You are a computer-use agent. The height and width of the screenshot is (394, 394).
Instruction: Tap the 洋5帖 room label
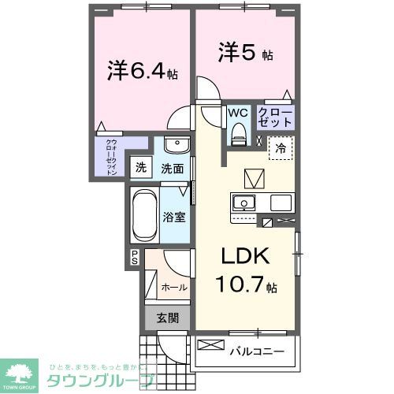(x=246, y=54)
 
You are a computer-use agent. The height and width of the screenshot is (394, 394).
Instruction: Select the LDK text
(x=244, y=257)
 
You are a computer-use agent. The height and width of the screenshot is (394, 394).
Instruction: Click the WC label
(x=238, y=113)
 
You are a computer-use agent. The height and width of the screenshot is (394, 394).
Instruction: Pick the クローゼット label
(x=276, y=117)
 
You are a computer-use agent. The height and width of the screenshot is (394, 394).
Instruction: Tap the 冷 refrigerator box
(x=281, y=147)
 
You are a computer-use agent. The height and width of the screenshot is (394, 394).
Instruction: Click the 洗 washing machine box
(x=141, y=167)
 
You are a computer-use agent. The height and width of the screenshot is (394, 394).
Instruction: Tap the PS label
(x=135, y=256)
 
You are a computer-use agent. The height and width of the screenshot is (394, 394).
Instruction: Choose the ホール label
(x=173, y=288)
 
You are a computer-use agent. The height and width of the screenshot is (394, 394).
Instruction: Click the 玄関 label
(x=166, y=318)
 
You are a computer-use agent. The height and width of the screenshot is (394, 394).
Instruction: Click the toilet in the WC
(x=238, y=136)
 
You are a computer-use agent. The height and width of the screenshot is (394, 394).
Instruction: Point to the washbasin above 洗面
(x=176, y=147)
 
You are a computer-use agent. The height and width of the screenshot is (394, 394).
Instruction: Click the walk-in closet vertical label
(x=111, y=156)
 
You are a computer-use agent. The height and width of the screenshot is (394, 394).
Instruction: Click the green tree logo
(x=21, y=366)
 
